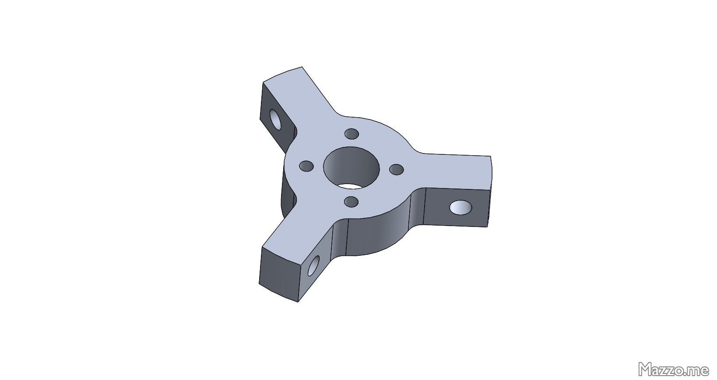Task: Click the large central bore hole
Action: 351,167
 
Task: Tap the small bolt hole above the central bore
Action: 351,134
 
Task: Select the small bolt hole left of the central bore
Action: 306,166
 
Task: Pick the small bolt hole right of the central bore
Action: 397,170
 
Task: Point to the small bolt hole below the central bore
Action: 351,202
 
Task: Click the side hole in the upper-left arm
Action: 275,119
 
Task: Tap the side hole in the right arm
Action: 460,207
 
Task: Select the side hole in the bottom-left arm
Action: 313,265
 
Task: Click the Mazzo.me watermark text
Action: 674,369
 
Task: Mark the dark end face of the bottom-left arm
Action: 279,274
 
